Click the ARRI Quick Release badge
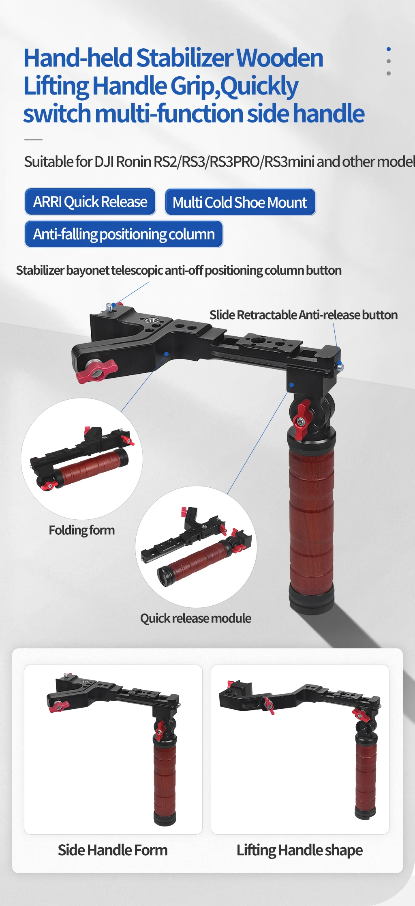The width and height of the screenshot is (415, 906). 90,202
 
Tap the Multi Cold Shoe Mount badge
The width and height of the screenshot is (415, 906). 240,202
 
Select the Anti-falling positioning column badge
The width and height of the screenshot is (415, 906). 124,234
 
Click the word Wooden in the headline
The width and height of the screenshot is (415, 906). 280,58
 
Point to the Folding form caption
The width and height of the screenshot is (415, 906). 81,530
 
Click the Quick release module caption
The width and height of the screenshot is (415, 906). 195,618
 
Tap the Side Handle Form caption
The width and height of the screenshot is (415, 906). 113,850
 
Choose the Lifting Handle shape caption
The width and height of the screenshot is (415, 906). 299,850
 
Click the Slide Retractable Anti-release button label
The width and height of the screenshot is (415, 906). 303,315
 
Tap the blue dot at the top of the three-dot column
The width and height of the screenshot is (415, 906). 389,49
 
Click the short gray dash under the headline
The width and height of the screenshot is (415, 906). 33,140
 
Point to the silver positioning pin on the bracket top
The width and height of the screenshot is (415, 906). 109,307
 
